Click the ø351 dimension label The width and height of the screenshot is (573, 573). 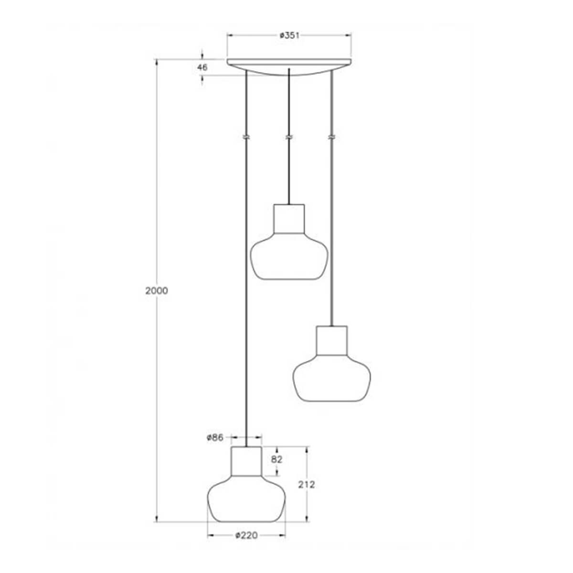(289, 35)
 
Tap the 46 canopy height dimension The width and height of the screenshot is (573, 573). (202, 67)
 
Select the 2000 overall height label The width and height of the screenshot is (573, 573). (157, 291)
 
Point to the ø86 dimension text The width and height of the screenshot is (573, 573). (215, 437)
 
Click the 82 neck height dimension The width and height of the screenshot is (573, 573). (277, 460)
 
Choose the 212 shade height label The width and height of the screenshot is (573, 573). (306, 484)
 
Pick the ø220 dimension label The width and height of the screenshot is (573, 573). (246, 536)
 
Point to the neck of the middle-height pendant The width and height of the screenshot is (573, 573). (331, 341)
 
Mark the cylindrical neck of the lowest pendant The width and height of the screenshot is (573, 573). (246, 461)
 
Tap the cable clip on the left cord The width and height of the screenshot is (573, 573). (246, 137)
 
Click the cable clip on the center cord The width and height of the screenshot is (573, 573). (288, 137)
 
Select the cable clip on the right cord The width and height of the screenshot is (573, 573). (331, 137)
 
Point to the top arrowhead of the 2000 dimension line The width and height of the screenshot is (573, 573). (157, 62)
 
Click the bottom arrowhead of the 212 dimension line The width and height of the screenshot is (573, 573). (306, 520)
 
